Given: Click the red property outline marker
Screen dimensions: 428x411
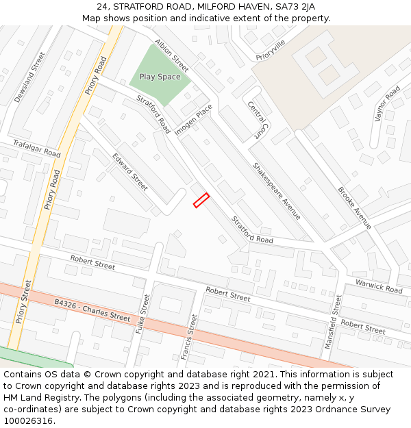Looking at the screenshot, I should pyautogui.click(x=201, y=200).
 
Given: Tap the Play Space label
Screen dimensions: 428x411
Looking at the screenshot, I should pyautogui.click(x=160, y=77).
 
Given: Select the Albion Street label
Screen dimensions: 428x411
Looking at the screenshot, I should pyautogui.click(x=171, y=55).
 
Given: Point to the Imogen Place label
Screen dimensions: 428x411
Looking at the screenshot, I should pyautogui.click(x=194, y=119).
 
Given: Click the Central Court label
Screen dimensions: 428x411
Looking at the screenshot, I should pyautogui.click(x=256, y=120).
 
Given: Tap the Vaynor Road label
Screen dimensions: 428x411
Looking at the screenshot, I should pyautogui.click(x=387, y=103).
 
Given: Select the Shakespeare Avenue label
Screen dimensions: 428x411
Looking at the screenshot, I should pyautogui.click(x=277, y=190).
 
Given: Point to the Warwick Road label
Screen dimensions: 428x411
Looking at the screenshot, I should pyautogui.click(x=378, y=286).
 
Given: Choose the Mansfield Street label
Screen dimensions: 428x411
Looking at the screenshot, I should pyautogui.click(x=333, y=321).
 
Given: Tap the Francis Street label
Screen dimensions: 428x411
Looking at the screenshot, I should pyautogui.click(x=189, y=336).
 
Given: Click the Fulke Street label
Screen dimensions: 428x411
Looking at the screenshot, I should pyautogui.click(x=142, y=314).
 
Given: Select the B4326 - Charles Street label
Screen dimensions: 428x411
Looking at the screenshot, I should pyautogui.click(x=92, y=310).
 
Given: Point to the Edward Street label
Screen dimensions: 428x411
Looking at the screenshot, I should pyautogui.click(x=130, y=171).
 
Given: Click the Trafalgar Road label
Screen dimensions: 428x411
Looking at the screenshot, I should pyautogui.click(x=36, y=148).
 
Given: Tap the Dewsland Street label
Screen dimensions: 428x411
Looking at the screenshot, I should pyautogui.click(x=29, y=77).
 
